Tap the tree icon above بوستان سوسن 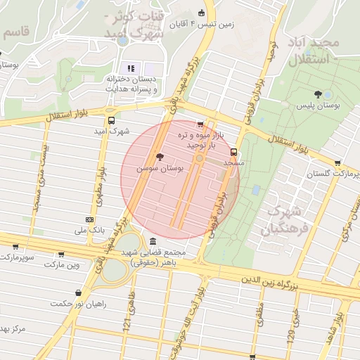click(x=160, y=156)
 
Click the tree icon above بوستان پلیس click(x=319, y=93)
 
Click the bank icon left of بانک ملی click(x=89, y=219)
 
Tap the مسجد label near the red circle click(x=233, y=162)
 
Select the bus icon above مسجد click(x=234, y=151)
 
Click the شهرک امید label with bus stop click(x=112, y=131)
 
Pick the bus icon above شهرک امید click(x=111, y=120)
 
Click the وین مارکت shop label click(x=62, y=266)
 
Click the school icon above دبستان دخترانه click(x=131, y=67)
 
